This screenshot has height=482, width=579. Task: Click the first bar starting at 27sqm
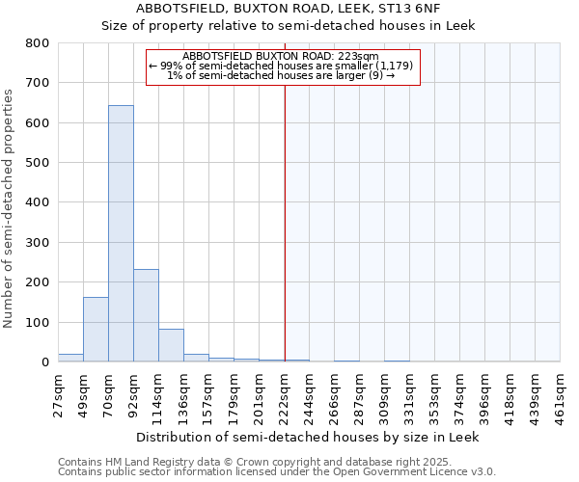[70, 358]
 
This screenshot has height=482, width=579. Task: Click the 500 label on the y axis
[38, 163]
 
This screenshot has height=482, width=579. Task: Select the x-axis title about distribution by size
[308, 437]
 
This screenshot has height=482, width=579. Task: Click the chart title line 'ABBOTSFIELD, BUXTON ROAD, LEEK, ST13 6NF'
[289, 9]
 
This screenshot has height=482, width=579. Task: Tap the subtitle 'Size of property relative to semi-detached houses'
[289, 25]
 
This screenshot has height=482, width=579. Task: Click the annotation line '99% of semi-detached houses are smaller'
[283, 66]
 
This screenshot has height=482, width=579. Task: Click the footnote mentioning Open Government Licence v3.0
[277, 472]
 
